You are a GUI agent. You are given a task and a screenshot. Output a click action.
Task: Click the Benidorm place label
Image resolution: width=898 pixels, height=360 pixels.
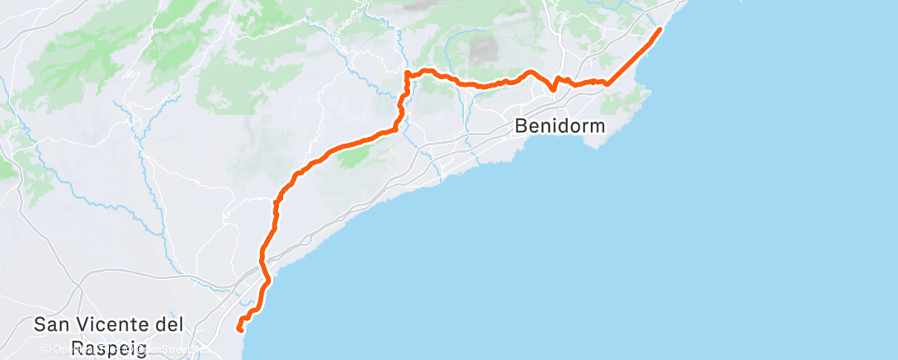tap(560, 126)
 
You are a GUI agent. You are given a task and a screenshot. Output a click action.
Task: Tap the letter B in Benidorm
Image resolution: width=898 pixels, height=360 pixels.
tap(521, 126)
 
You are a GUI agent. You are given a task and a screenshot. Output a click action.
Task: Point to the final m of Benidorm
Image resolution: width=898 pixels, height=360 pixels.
tap(597, 126)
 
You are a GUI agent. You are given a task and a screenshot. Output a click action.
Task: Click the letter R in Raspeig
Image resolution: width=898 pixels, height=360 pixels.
tap(78, 348)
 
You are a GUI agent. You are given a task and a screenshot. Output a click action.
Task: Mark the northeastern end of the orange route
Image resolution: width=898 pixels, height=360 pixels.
tap(659, 30)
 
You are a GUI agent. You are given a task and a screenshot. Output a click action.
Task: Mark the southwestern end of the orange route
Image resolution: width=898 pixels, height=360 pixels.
tap(239, 329)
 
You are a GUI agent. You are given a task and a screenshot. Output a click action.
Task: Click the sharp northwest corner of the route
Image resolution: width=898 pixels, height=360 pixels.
tap(407, 74)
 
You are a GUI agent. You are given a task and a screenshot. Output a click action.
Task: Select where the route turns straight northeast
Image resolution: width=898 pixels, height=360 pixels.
tap(608, 83)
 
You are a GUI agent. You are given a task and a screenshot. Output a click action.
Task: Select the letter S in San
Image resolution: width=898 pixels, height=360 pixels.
tap(40, 325)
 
